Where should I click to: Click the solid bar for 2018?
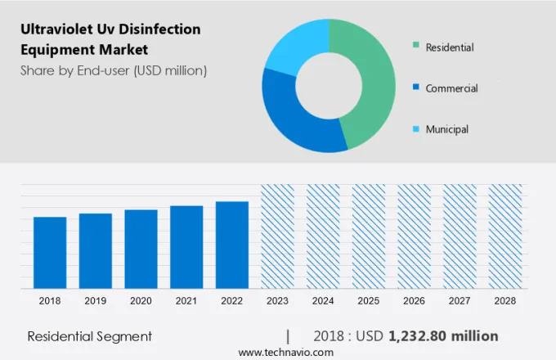point(50,252)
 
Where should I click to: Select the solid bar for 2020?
point(141,249)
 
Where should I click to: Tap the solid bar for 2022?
point(232,245)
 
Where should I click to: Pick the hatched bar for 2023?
point(277,236)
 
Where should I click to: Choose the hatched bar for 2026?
point(414,236)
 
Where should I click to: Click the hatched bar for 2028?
point(504,236)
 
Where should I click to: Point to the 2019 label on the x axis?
point(95,301)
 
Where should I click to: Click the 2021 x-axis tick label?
point(186,301)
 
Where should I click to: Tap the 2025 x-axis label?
point(368,301)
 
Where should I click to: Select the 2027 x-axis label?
point(460,301)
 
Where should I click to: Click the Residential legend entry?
point(449,47)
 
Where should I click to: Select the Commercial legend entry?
point(451,88)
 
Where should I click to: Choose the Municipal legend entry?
point(446,129)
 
